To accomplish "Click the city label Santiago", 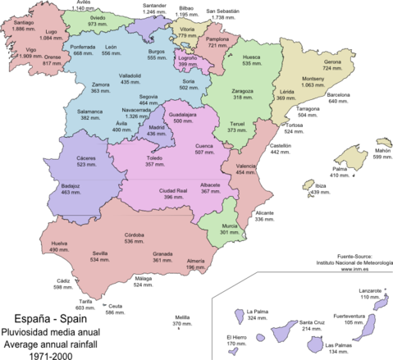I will [24, 22].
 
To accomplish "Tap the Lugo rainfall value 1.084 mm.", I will [51, 39].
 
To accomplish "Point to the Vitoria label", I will [187, 29].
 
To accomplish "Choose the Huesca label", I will [252, 57].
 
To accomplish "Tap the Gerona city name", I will [332, 62].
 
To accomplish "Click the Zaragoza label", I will [242, 91].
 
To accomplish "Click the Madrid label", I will [157, 127].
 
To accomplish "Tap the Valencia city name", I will [246, 166].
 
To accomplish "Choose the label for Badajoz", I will [71, 185].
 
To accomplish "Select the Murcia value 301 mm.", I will [230, 232].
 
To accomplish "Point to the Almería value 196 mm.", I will [195, 267].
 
